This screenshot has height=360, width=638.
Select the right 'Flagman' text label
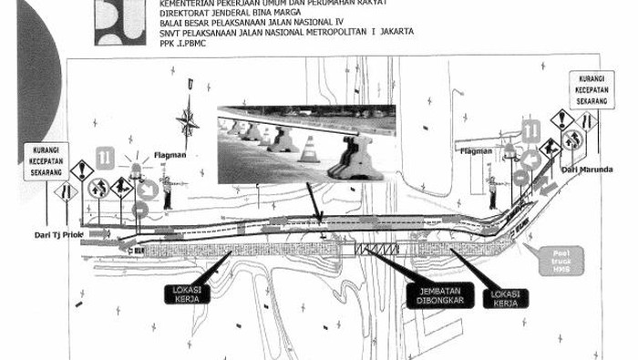(476, 151)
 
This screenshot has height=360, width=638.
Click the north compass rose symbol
(190, 120)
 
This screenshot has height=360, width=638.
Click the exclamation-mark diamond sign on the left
(82, 170)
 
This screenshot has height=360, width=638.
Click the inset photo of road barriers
(305, 144)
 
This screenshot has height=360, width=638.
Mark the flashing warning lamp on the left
(138, 169)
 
